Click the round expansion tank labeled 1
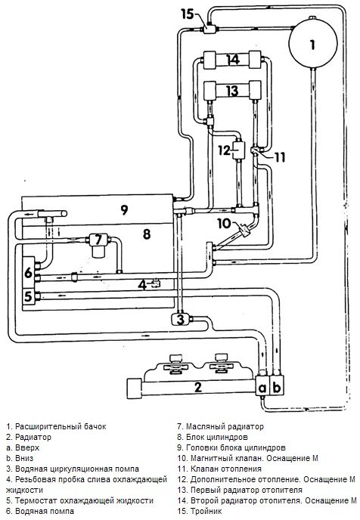pos(312,43)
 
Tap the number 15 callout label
pos(188,14)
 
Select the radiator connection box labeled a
pos(262,386)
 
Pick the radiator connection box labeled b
pos(278,386)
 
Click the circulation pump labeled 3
pos(180,320)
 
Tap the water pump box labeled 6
pos(29,272)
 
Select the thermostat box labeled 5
pos(29,296)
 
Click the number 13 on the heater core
pos(233,90)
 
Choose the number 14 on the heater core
pos(233,60)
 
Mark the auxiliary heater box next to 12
pos(238,150)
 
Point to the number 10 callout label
pos(224,223)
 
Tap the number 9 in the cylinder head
pos(124,209)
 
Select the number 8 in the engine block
pos(147,234)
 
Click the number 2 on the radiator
pos(197,387)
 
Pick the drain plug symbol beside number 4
pos(155,283)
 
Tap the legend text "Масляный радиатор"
pos(225,426)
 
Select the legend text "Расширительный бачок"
pos(61,426)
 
